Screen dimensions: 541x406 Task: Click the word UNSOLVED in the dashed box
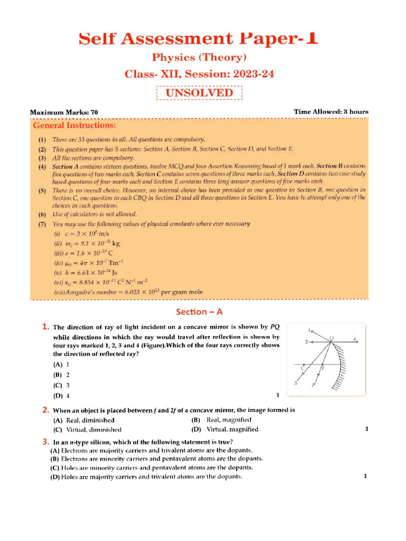[199, 93]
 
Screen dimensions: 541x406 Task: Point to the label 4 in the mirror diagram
[355, 339]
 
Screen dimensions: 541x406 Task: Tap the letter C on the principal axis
[302, 367]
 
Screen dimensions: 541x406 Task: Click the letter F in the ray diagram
[323, 366]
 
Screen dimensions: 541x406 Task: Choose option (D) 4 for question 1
[61, 396]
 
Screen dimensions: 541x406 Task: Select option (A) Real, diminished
[84, 420]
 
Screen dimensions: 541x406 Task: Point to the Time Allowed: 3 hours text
[331, 111]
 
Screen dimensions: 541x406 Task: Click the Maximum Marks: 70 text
[64, 113]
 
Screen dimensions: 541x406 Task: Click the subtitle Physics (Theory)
[199, 57]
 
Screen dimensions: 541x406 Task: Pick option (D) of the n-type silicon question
[146, 477]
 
